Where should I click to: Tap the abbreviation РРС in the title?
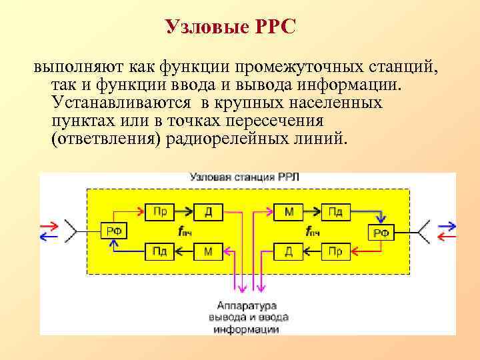274,27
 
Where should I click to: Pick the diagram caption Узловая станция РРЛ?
245,177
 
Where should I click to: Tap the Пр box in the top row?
160,212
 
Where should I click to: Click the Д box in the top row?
208,212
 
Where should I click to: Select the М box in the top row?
289,212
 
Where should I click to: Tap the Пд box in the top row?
337,212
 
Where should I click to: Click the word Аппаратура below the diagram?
242,306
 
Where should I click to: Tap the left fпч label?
184,232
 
